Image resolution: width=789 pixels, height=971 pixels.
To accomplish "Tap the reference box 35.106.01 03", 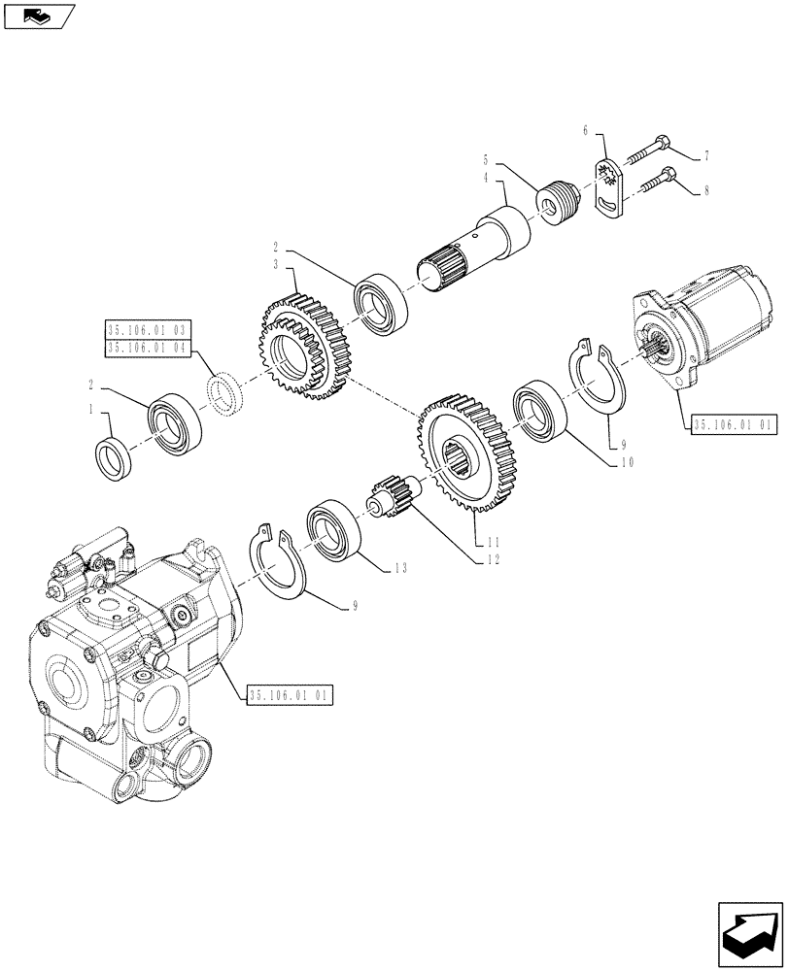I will [147, 328].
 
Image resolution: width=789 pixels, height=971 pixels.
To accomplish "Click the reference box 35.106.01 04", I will [147, 346].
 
